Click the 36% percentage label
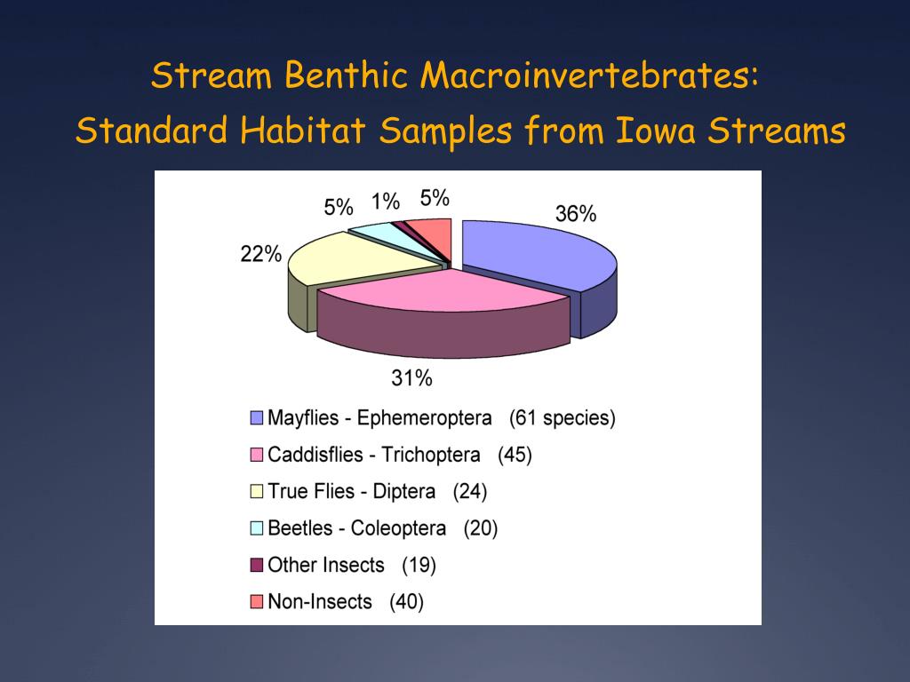click(x=575, y=214)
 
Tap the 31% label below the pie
click(x=411, y=379)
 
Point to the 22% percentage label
click(x=260, y=255)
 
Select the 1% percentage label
click(x=386, y=202)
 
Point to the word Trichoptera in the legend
click(x=430, y=456)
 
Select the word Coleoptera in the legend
click(x=398, y=528)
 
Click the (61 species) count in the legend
click(x=562, y=418)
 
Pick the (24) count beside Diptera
click(x=470, y=492)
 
